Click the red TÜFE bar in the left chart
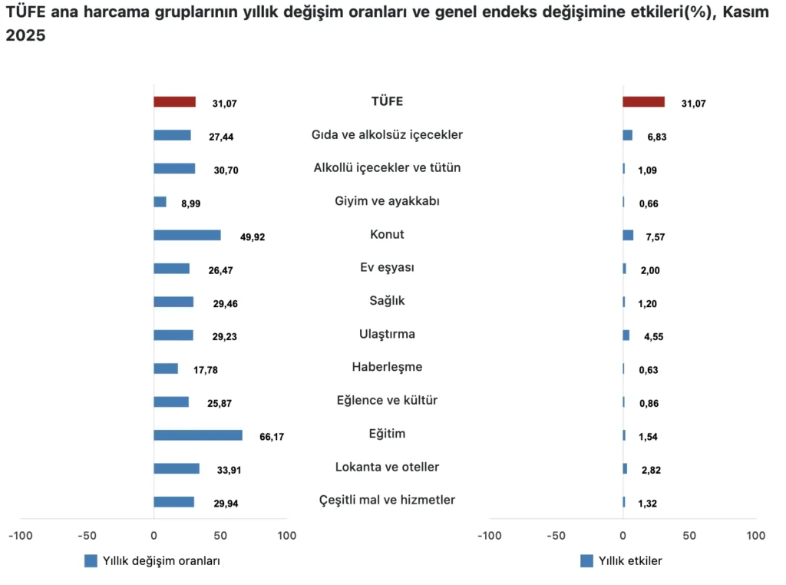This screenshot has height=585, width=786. [x=174, y=101]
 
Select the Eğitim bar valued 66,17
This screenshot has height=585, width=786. [x=197, y=435]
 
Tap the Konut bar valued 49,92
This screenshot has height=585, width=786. [x=187, y=235]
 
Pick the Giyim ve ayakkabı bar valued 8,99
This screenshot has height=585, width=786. [x=160, y=202]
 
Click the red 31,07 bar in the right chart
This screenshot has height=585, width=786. [x=643, y=101]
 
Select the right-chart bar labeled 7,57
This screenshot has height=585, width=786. [x=628, y=235]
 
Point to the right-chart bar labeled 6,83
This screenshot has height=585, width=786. [x=627, y=135]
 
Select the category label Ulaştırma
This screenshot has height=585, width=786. [x=387, y=334]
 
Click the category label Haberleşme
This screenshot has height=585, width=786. [x=387, y=367]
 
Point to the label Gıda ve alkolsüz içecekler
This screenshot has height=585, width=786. [x=387, y=134]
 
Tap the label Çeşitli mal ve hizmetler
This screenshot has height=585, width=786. [x=387, y=500]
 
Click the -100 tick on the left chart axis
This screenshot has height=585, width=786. [x=21, y=535]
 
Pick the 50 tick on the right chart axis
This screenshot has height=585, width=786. [x=689, y=535]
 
